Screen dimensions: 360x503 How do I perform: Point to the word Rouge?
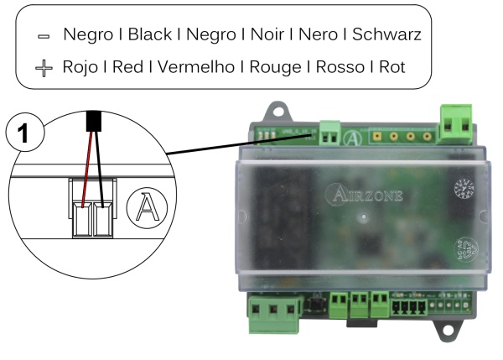point(276,66)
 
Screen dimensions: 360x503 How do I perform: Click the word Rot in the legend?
point(391,66)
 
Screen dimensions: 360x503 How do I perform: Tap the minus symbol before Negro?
point(44,38)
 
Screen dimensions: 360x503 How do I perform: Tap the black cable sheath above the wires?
point(94,120)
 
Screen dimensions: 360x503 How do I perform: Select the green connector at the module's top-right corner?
point(456,123)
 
